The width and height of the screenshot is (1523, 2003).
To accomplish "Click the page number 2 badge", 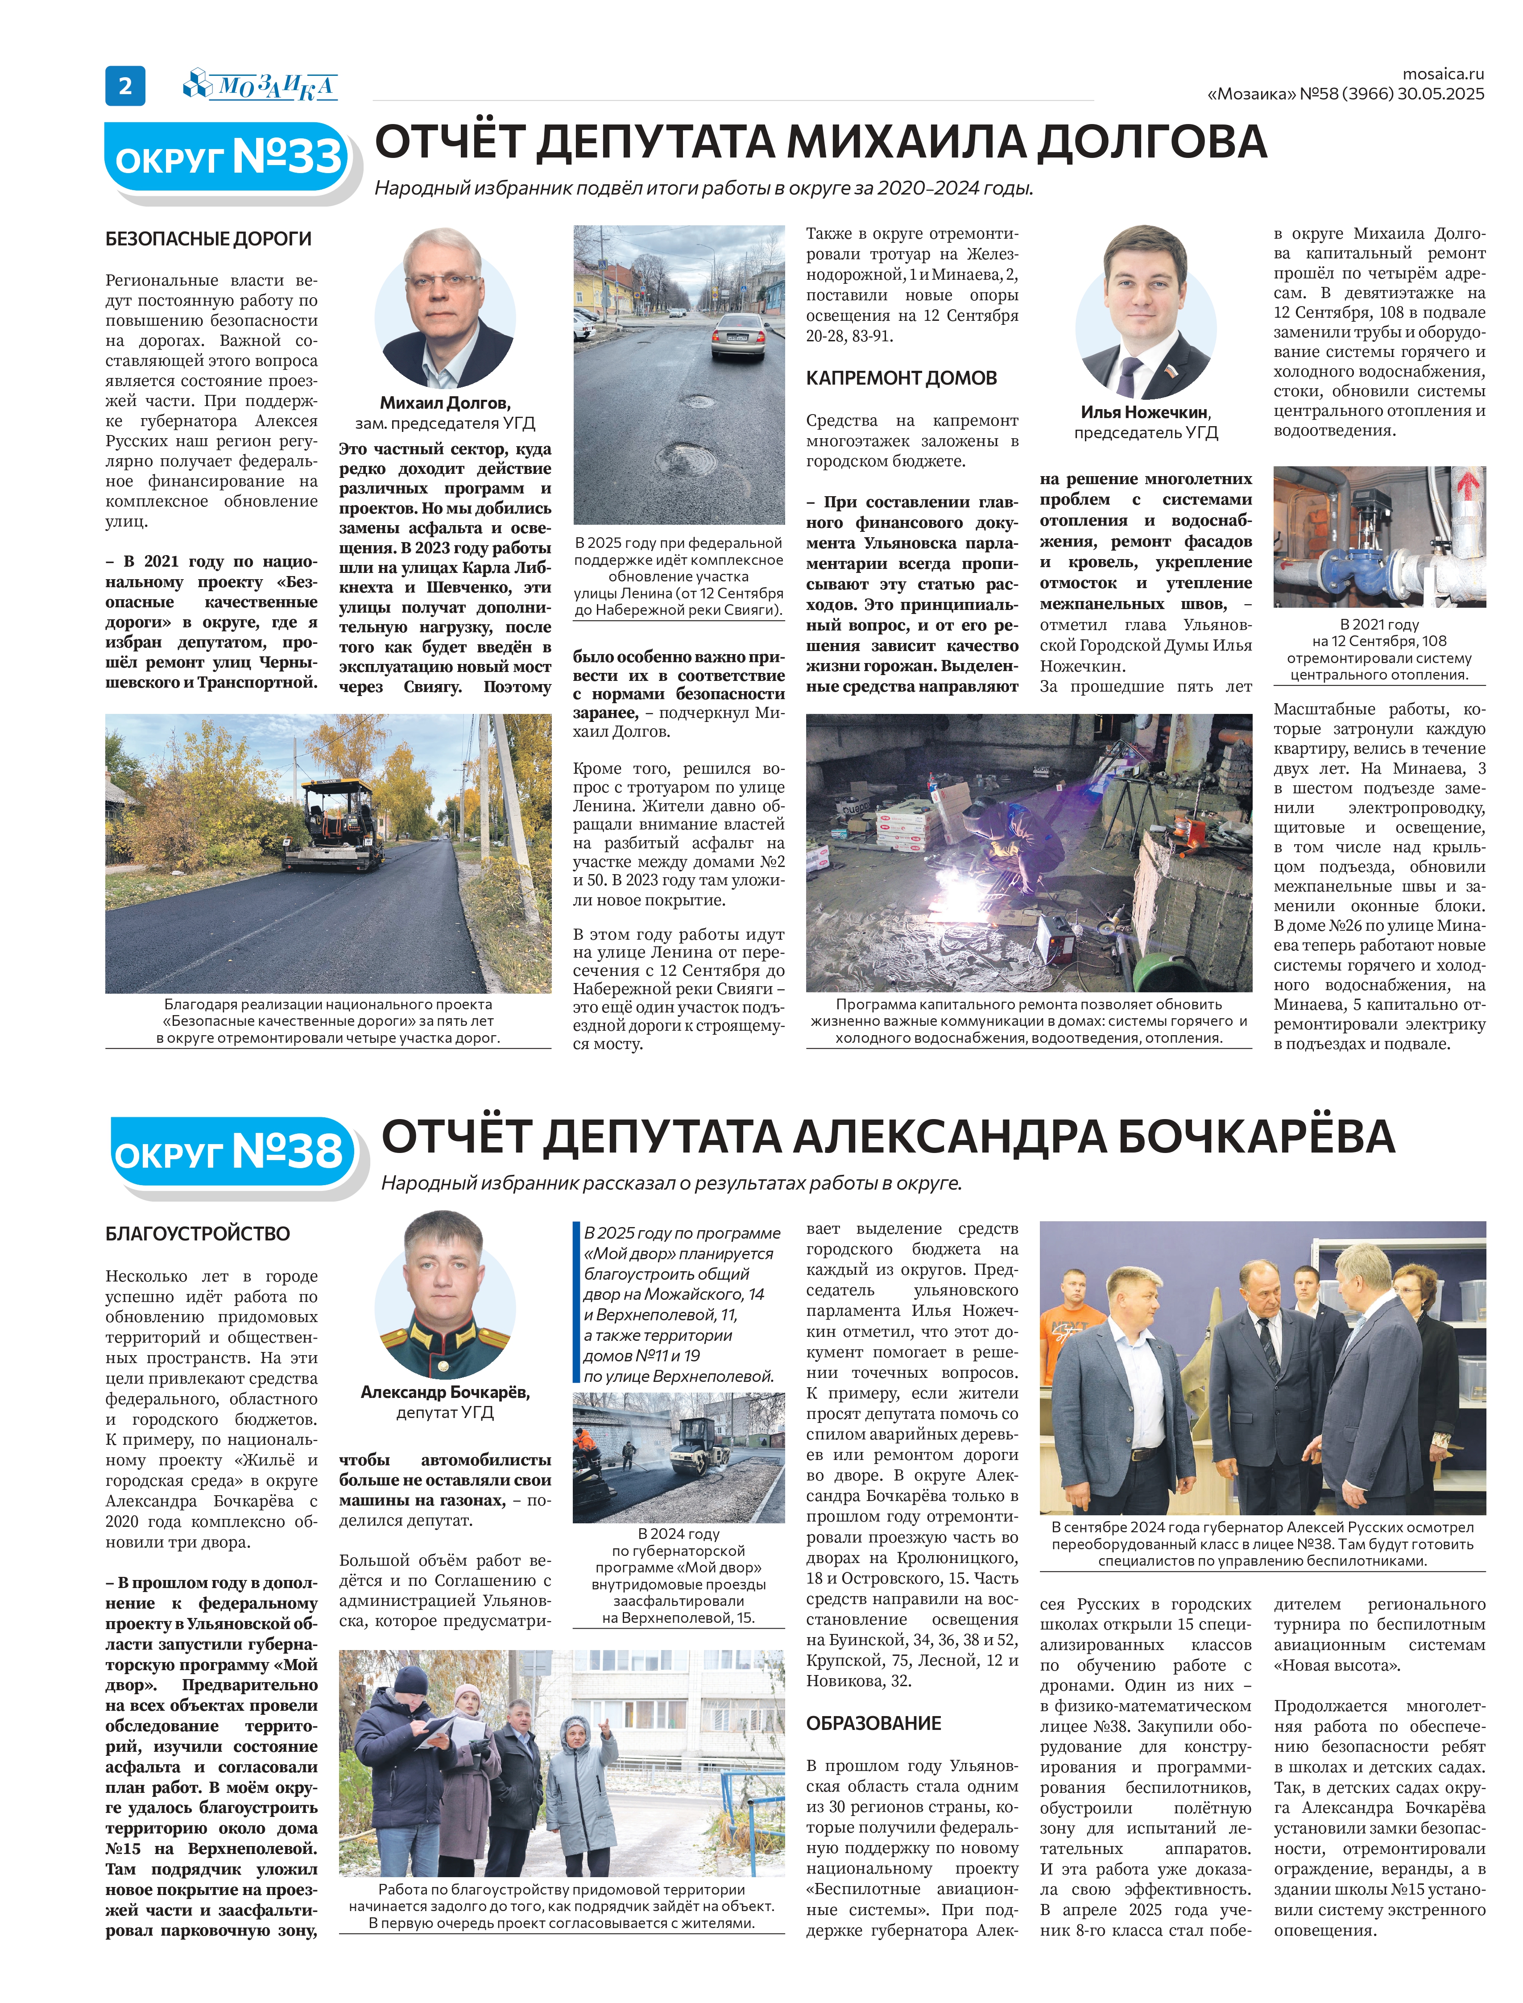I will click(x=125, y=86).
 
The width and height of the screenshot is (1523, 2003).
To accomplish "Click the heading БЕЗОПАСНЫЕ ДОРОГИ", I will click(x=208, y=239).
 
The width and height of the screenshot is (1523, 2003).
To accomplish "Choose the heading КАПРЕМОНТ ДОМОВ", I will click(x=901, y=378).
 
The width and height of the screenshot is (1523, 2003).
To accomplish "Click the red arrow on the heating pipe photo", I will click(x=1466, y=485).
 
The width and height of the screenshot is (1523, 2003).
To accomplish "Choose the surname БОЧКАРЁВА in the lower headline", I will click(x=1256, y=1137).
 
